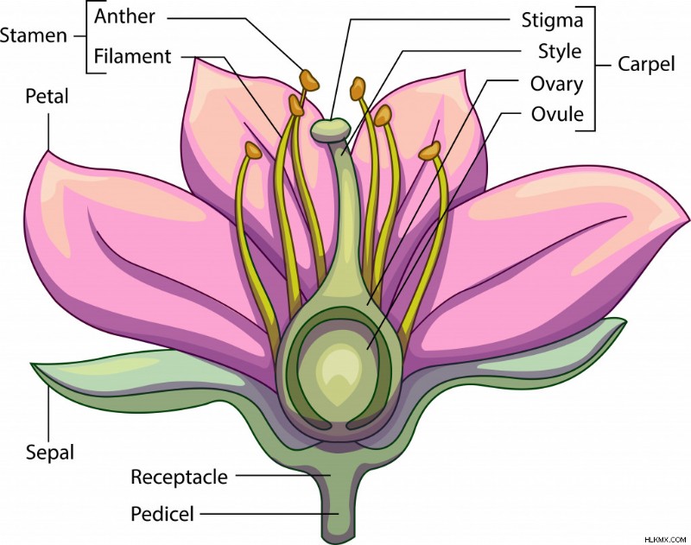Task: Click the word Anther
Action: click(124, 16)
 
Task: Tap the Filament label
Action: click(133, 57)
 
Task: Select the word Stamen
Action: click(34, 35)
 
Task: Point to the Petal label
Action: click(48, 96)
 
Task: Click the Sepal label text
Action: click(50, 453)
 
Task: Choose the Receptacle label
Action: click(180, 477)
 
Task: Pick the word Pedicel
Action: click(162, 514)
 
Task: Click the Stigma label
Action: click(552, 21)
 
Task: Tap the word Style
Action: click(560, 52)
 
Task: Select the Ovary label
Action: click(556, 84)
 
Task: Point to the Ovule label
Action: click(557, 114)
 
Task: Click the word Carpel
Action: click(646, 64)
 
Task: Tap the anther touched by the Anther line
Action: click(309, 80)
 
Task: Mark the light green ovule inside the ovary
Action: click(338, 372)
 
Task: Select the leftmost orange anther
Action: click(253, 150)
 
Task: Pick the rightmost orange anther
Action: click(429, 150)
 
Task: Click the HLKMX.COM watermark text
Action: click(665, 539)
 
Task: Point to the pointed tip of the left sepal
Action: click(32, 364)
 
